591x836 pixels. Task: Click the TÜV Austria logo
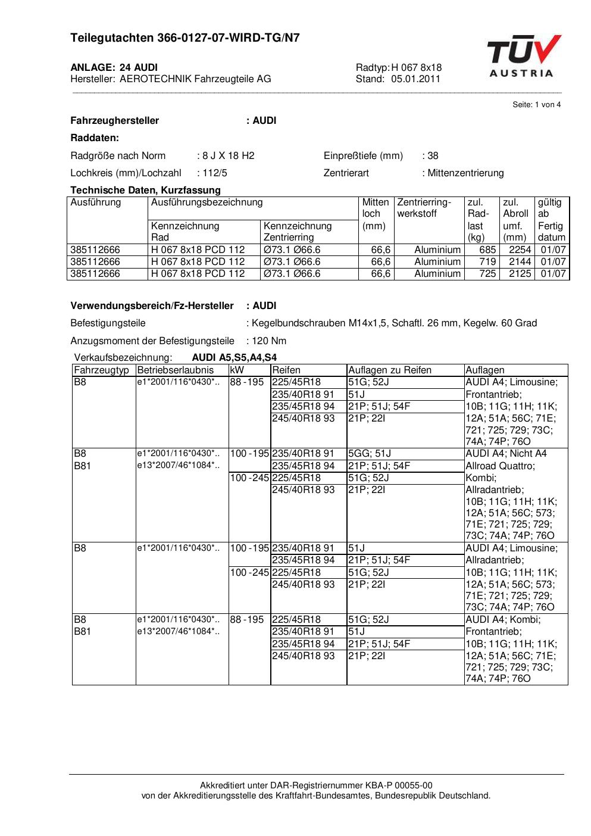524,56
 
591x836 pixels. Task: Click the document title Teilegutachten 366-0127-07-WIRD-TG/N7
185,38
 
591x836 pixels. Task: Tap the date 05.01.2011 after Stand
415,79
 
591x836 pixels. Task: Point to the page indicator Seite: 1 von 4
536,105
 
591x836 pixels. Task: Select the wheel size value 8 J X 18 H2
228,156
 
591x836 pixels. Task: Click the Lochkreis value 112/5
214,173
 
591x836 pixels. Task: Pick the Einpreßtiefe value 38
433,156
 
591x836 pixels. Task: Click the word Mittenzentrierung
465,173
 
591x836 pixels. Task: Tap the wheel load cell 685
487,250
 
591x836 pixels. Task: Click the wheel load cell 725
487,274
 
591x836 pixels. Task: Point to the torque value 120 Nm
268,341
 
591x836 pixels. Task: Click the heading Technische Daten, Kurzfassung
145,191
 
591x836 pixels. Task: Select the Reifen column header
286,370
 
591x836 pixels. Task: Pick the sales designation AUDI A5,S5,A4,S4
234,358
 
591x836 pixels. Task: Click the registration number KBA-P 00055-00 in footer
400,785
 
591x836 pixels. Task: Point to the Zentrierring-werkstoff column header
424,208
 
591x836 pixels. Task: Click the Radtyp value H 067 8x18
416,68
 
